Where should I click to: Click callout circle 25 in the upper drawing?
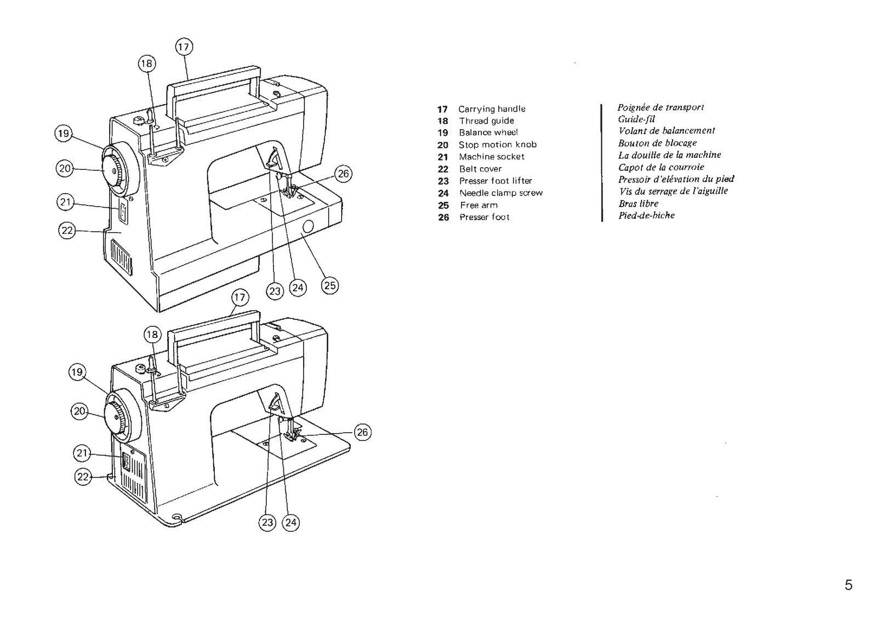click(330, 285)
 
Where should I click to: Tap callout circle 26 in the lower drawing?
click(362, 432)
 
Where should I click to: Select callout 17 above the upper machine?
click(184, 47)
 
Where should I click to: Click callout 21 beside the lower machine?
click(82, 453)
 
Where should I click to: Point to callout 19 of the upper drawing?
click(64, 133)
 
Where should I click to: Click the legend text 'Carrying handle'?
click(492, 109)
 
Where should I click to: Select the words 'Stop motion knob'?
click(498, 145)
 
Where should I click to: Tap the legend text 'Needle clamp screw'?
click(501, 193)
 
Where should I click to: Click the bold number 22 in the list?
click(443, 169)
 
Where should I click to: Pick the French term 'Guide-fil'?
click(636, 119)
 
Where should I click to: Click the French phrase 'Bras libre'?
click(639, 203)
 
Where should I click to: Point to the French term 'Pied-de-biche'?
click(647, 215)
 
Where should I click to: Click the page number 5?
click(848, 585)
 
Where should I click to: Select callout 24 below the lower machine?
click(291, 523)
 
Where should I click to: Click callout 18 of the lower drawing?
click(152, 335)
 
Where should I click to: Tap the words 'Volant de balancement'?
click(667, 131)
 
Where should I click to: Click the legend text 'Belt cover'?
click(480, 169)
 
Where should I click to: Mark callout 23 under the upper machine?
click(275, 291)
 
